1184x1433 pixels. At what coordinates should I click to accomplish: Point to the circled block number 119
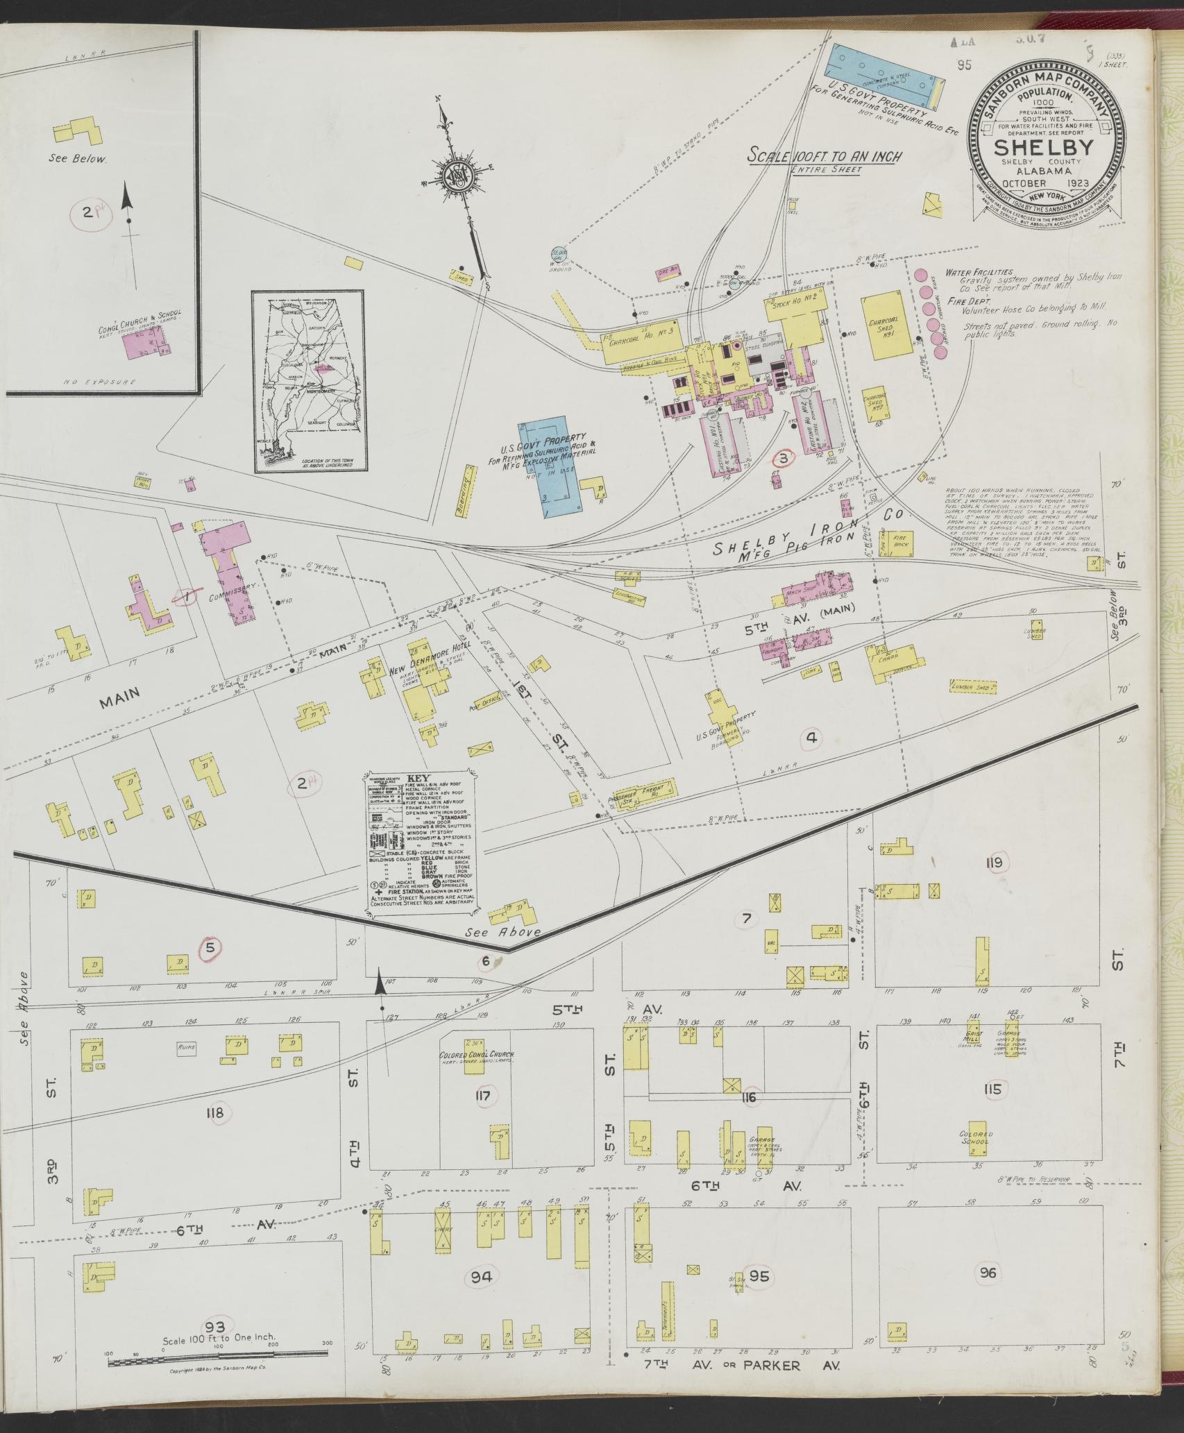(x=993, y=863)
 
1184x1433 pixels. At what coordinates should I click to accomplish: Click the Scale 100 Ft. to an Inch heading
(x=824, y=157)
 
